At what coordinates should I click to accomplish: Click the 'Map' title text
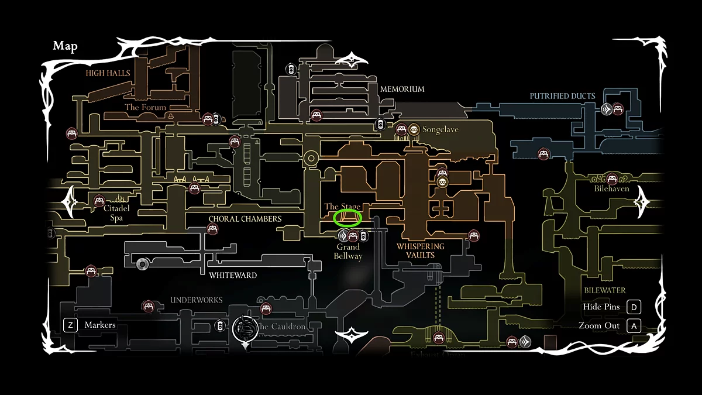pos(65,46)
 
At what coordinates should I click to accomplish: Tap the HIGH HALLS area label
pos(108,74)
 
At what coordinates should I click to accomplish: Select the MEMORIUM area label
pos(402,90)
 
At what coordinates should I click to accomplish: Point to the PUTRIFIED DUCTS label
pos(562,96)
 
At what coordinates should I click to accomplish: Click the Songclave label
pos(441,129)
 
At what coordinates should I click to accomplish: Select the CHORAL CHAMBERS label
pos(245,219)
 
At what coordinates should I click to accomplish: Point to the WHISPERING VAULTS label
pos(420,250)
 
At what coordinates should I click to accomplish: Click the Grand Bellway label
pos(348,252)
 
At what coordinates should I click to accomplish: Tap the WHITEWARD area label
pos(233,275)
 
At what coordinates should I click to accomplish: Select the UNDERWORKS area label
pos(197,300)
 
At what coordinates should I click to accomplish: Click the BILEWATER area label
pos(604,290)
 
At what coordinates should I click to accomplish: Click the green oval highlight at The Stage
pos(347,218)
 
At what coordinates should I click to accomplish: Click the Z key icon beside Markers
pos(70,325)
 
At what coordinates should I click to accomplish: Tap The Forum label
pos(146,108)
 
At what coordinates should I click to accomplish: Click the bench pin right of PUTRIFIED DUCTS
pos(618,108)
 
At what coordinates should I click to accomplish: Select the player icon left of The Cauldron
pos(245,329)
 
